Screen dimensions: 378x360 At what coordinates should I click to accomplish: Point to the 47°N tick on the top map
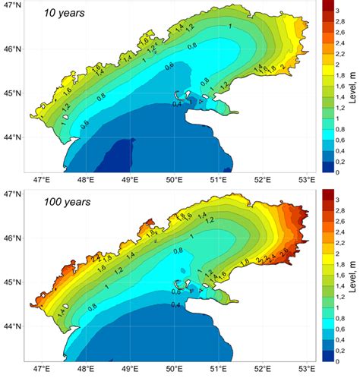[11, 5]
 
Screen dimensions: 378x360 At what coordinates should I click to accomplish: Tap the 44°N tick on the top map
[11, 137]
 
